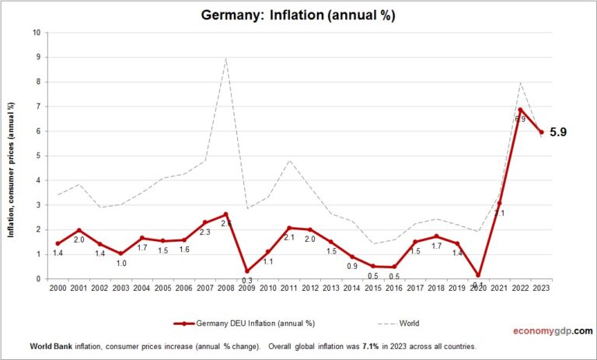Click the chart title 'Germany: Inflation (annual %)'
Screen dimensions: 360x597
tap(298, 16)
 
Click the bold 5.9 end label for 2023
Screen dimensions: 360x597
tap(558, 132)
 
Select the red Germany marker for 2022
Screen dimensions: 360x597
tap(520, 110)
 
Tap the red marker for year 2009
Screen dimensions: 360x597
tap(246, 271)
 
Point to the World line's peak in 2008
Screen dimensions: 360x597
tap(225, 58)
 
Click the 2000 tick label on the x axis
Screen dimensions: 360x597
tap(58, 288)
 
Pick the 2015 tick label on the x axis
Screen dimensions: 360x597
tap(372, 288)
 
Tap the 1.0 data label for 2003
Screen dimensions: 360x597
tap(121, 264)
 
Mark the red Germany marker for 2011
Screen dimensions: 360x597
tap(288, 228)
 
